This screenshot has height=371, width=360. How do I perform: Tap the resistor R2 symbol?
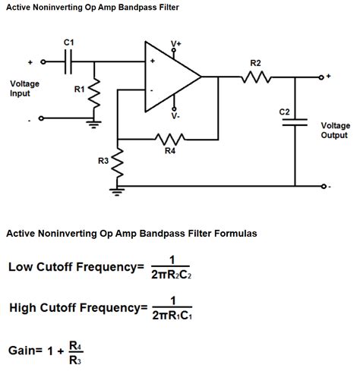[x=255, y=77]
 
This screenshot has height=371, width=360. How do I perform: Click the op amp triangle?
[x=171, y=77]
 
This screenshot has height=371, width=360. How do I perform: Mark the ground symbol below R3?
[x=118, y=191]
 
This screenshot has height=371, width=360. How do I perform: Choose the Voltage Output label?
[x=335, y=130]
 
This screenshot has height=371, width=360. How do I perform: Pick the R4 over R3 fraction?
[x=74, y=350]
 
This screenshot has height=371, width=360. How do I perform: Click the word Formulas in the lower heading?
[x=234, y=234]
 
